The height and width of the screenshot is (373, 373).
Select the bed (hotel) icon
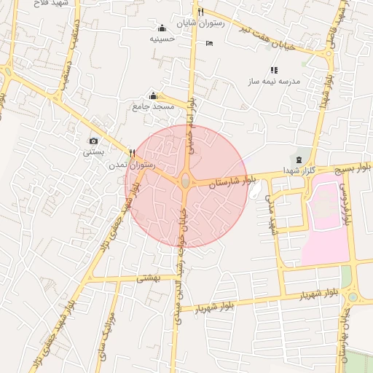tap(210, 43)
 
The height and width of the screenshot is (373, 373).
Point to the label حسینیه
tap(162, 39)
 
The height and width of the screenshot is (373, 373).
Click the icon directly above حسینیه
tap(162, 28)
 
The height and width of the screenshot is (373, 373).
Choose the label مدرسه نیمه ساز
tap(275, 82)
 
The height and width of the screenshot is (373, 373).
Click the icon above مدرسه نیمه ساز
tap(274, 71)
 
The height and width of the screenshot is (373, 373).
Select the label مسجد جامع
tap(153, 107)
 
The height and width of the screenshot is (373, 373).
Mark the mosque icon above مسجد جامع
tap(153, 96)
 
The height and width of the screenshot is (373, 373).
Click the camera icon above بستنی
tap(93, 141)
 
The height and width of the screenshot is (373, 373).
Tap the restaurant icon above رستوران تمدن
tap(132, 153)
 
